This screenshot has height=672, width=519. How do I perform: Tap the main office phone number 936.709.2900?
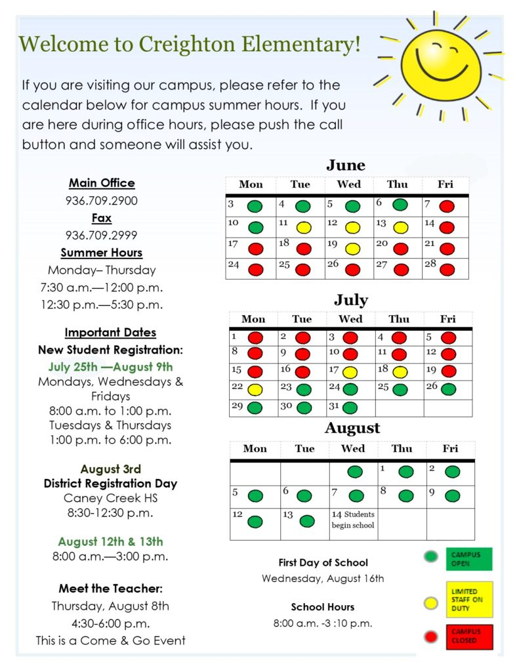click(102, 201)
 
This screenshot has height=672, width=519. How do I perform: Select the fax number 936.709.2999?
click(102, 235)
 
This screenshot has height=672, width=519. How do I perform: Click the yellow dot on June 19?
click(352, 249)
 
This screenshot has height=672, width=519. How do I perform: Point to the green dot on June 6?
click(400, 205)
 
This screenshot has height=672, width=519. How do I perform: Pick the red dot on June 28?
click(447, 269)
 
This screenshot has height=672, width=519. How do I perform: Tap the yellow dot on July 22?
click(255, 389)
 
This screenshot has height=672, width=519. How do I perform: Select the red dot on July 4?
click(399, 338)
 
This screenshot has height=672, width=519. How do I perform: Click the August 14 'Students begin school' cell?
click(353, 520)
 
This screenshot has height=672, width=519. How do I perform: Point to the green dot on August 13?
click(307, 521)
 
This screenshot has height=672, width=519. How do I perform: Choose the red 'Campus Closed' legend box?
click(468, 637)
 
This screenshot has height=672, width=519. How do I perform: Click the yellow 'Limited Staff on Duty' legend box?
click(468, 599)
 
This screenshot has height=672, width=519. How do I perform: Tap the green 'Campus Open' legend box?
click(468, 559)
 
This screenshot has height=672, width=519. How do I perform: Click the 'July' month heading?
click(350, 300)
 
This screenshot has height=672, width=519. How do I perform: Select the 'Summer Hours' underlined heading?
click(102, 253)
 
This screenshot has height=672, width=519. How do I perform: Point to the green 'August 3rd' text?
click(111, 469)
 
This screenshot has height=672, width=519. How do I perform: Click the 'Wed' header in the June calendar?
click(348, 184)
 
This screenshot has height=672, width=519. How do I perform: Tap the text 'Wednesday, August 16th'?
click(323, 579)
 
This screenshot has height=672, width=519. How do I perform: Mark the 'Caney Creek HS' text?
click(111, 498)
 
